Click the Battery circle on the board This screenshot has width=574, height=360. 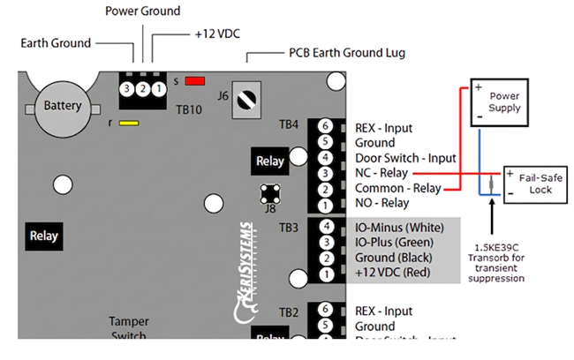coord(63,107)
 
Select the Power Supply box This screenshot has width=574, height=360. coord(504,102)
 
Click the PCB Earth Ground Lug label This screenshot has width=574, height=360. coord(347,54)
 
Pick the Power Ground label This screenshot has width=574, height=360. coord(142,11)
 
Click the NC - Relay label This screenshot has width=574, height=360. coord(394,174)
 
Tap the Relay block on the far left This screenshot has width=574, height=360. coord(43,236)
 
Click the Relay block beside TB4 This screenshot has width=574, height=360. coord(270,161)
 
